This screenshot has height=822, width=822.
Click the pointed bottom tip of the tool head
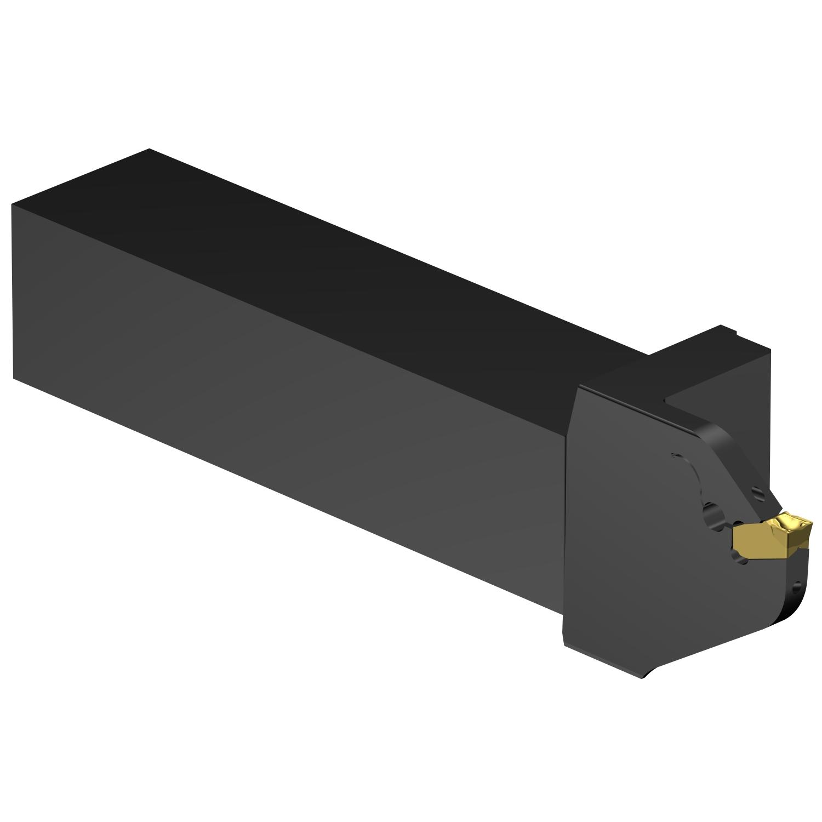click(647, 676)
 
